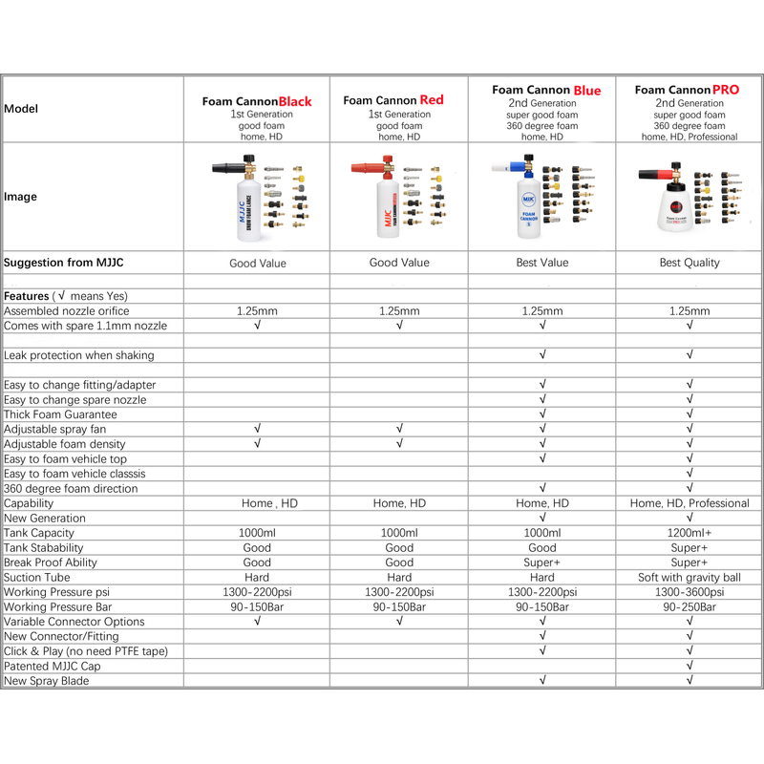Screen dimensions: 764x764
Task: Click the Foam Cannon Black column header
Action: [257, 101]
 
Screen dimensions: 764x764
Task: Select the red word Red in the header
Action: [432, 99]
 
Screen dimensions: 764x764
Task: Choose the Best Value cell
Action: [541, 263]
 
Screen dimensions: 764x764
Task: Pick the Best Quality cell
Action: [689, 263]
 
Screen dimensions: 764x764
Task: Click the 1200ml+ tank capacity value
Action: [689, 533]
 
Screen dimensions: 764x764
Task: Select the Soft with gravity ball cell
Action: [689, 578]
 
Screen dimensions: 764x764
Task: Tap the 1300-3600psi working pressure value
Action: [689, 592]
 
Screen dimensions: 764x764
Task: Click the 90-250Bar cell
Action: [689, 607]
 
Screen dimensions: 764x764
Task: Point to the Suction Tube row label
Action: [43, 578]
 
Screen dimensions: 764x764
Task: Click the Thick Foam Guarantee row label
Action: [60, 414]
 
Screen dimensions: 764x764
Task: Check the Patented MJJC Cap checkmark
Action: [689, 667]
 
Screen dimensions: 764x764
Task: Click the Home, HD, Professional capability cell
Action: [689, 503]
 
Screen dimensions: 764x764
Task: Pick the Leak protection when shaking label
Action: [78, 355]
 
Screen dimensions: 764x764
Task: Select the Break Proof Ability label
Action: [51, 562]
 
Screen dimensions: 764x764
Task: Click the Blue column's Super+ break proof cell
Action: [541, 562]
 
